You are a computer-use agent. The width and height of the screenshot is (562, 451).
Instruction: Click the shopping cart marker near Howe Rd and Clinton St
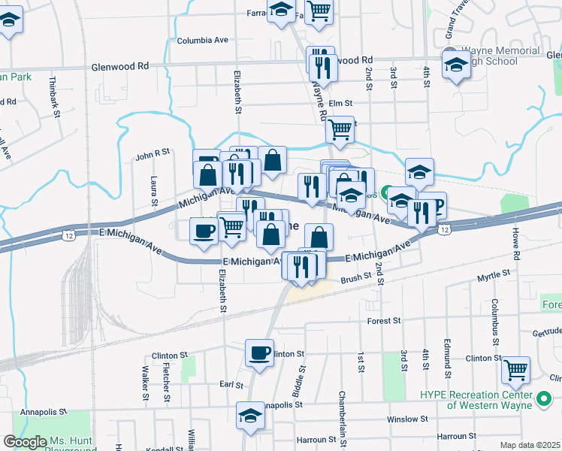(x=515, y=369)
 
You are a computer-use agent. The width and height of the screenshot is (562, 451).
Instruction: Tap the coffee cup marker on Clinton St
(x=260, y=352)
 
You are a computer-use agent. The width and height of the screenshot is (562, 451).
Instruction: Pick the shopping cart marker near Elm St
(x=340, y=129)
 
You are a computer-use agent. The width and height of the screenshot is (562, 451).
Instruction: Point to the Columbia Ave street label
(x=202, y=40)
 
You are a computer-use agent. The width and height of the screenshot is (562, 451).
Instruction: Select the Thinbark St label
(x=53, y=97)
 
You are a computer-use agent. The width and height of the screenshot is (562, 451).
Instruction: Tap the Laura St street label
(x=153, y=191)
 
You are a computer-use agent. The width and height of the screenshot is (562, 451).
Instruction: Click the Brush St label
(x=356, y=278)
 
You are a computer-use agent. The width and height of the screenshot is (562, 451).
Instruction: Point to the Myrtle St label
(x=493, y=280)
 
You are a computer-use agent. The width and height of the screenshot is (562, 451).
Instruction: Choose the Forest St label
(x=384, y=321)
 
